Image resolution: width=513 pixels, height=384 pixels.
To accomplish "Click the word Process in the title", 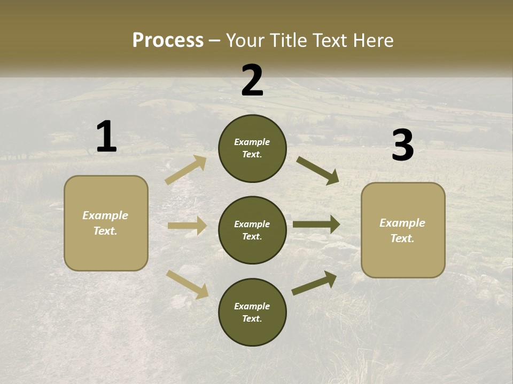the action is [x=168, y=41].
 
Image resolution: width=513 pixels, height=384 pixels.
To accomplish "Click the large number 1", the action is [x=106, y=137].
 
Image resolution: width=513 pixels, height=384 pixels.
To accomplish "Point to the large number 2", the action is [x=252, y=81].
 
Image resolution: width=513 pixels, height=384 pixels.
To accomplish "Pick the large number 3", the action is [x=402, y=146].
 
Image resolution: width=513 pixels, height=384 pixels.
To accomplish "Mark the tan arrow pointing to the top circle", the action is [x=186, y=170].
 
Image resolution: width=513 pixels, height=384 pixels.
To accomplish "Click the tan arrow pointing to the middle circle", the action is [x=187, y=226].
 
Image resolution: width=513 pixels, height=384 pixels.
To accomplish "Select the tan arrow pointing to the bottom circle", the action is [x=187, y=284].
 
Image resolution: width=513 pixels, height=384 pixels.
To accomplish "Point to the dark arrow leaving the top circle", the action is [x=318, y=171].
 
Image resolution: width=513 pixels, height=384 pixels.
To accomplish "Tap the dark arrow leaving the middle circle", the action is [x=316, y=225].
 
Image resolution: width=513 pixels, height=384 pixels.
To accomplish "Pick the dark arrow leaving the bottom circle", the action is [x=314, y=283].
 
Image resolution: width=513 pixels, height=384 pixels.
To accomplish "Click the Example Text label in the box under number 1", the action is [x=105, y=223].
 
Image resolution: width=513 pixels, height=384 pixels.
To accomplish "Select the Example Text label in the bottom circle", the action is [x=252, y=313].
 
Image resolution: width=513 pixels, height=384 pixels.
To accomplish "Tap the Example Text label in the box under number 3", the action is [x=402, y=230].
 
